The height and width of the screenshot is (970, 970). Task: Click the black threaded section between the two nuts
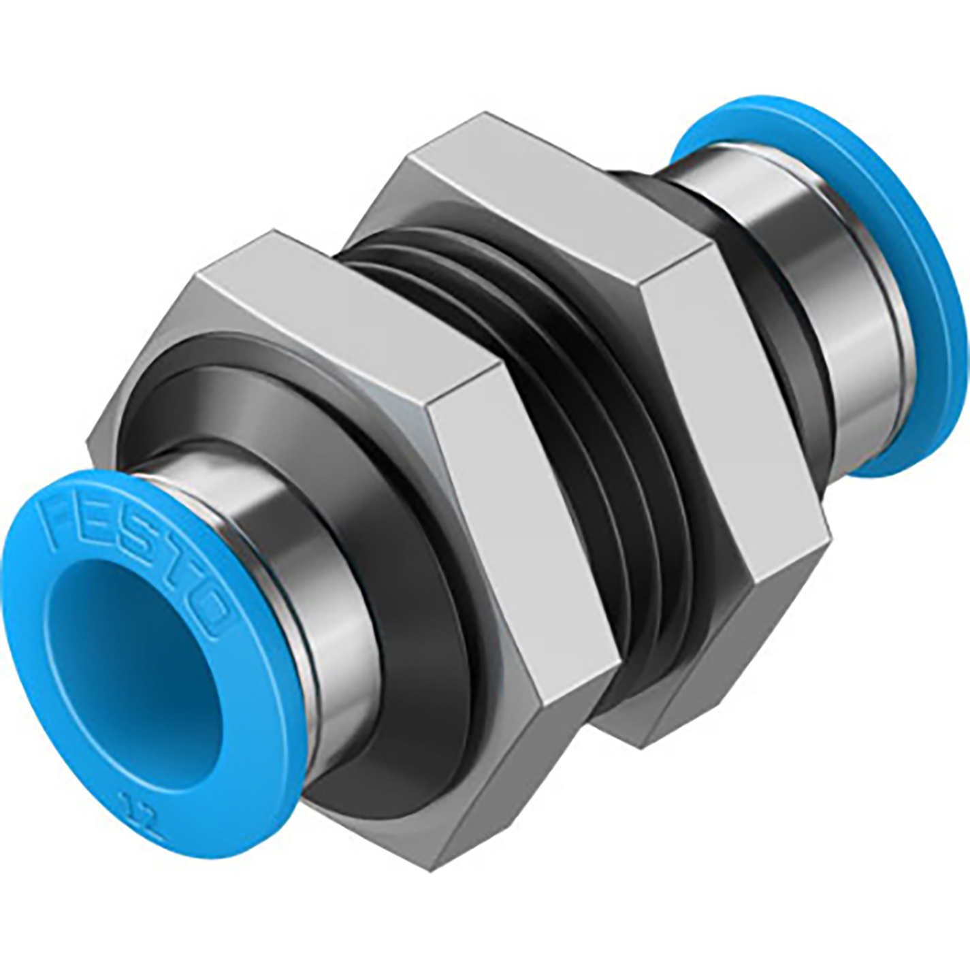545,354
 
